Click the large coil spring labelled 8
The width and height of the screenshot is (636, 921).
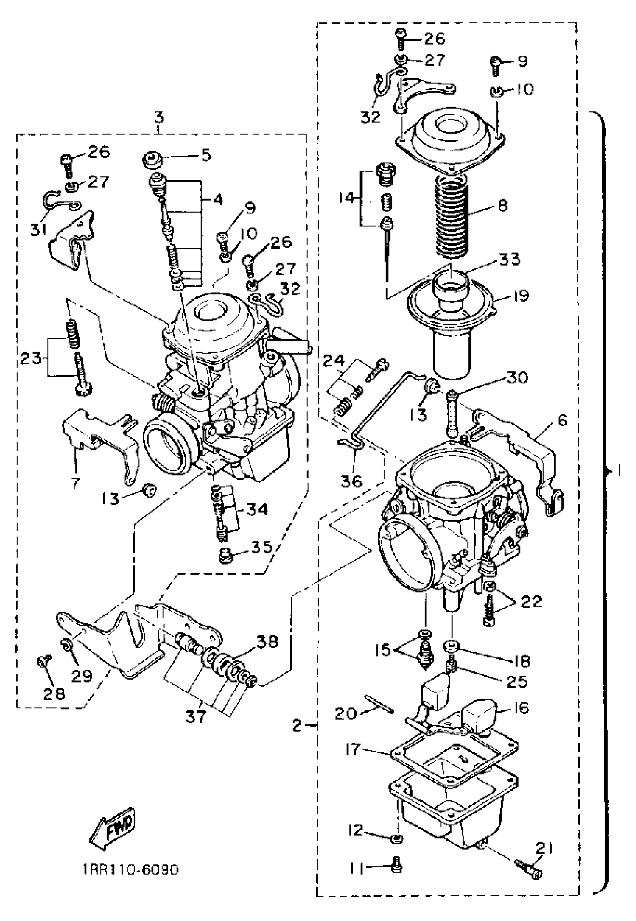click(x=453, y=217)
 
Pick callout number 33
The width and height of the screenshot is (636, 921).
click(x=511, y=260)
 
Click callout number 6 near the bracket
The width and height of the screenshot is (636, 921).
click(x=562, y=420)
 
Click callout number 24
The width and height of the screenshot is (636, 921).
click(x=333, y=361)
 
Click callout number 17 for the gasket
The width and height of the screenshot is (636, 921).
click(x=353, y=750)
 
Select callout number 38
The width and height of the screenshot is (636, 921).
click(x=267, y=642)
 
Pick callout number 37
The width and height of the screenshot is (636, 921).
click(x=196, y=717)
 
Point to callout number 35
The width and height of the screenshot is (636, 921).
click(x=261, y=547)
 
